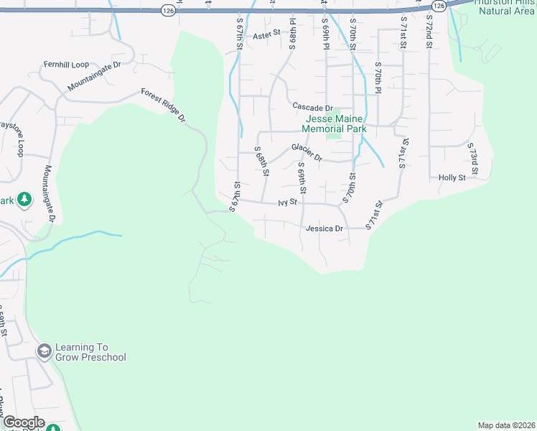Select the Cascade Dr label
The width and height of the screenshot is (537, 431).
click(312, 106)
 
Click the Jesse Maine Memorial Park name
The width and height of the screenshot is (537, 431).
click(336, 124)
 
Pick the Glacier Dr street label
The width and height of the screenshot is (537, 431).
click(307, 152)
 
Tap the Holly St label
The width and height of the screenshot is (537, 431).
click(452, 177)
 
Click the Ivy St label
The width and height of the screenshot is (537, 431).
click(287, 203)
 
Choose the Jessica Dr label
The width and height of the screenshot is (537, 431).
click(324, 228)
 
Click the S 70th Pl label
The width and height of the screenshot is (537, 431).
click(378, 76)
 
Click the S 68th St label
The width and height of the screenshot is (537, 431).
click(262, 161)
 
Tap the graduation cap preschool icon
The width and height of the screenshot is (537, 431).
click(44, 351)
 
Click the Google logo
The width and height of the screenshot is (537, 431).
click(24, 422)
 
